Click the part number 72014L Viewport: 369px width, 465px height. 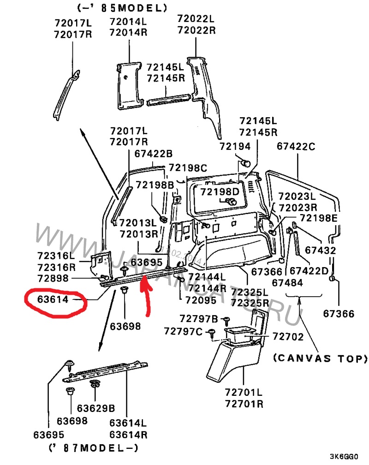[x=128, y=21]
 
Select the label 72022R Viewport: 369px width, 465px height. [x=196, y=30]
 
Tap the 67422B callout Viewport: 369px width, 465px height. [x=153, y=154]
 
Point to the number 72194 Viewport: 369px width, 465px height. [x=235, y=146]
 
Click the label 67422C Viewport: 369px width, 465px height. [x=296, y=146]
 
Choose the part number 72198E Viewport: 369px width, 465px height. [x=319, y=218]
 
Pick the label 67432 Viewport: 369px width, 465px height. [x=321, y=250]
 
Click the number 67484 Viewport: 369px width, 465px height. [x=287, y=283]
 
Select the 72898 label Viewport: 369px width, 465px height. [x=53, y=278]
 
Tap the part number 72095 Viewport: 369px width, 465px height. [x=201, y=300]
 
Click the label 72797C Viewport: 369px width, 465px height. [x=183, y=331]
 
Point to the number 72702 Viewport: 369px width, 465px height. [x=288, y=337]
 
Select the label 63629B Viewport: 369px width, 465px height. [x=96, y=408]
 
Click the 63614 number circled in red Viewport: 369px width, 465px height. [x=53, y=299]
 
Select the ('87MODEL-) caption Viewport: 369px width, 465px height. [x=94, y=447]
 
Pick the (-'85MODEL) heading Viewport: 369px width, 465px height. [x=122, y=8]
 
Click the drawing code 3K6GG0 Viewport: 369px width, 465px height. [x=344, y=456]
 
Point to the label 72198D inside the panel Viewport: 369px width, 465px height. [x=220, y=191]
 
